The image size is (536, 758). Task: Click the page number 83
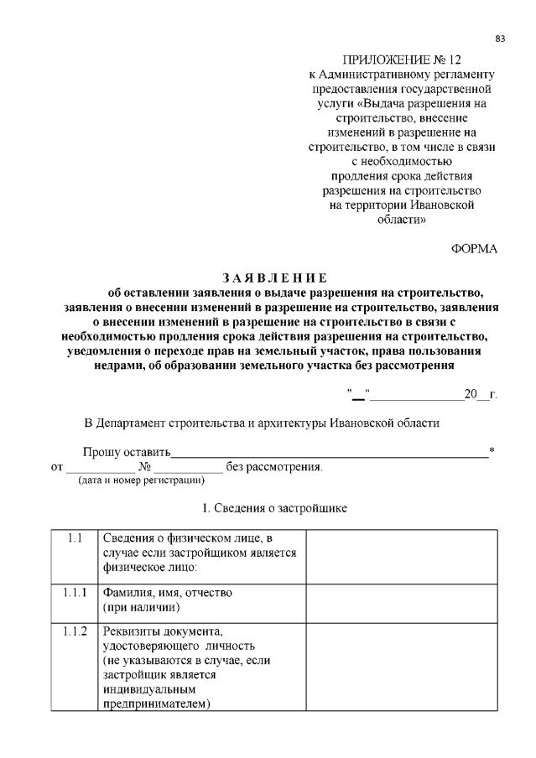(500, 39)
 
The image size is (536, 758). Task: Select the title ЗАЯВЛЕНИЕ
(273, 278)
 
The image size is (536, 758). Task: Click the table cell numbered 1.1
(75, 537)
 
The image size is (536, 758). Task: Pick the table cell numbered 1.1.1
(75, 592)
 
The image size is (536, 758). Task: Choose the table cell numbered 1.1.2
(75, 630)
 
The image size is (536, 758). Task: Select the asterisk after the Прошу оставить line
(492, 451)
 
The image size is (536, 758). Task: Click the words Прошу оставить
(126, 453)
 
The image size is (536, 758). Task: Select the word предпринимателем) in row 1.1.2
(156, 703)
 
